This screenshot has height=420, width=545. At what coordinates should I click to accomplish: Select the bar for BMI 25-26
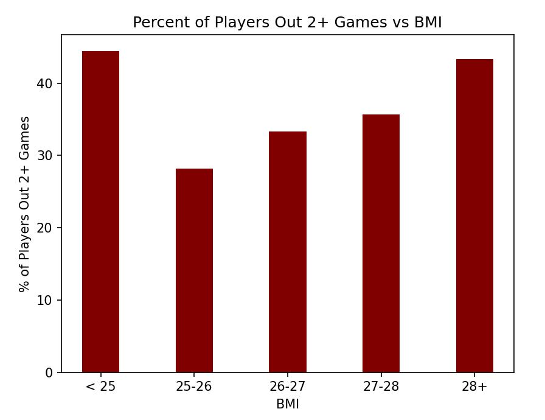(194, 270)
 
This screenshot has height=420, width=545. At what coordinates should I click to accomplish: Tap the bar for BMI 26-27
(288, 252)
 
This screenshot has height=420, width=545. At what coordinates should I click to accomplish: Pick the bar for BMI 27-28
(381, 243)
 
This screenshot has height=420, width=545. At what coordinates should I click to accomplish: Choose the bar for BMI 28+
(474, 215)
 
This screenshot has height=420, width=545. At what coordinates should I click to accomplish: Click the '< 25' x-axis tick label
(100, 387)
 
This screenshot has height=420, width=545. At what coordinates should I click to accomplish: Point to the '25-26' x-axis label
(194, 387)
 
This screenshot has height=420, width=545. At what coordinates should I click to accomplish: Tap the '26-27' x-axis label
(288, 387)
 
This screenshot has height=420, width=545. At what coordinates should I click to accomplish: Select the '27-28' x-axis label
(381, 387)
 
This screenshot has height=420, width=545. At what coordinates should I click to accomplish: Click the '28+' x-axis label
(474, 387)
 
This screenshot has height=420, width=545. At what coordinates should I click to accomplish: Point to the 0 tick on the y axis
(50, 373)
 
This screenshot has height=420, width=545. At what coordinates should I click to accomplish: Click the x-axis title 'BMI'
(288, 404)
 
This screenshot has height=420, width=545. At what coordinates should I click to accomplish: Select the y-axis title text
(25, 203)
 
